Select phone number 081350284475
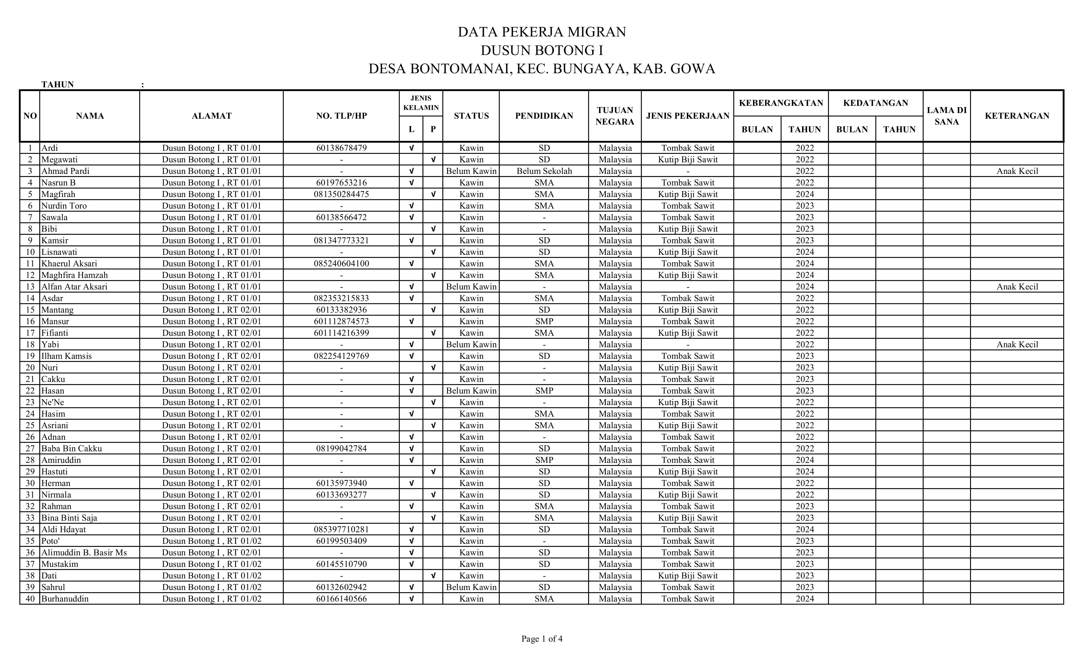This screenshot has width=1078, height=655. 341,194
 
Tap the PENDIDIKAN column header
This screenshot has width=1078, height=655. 544,116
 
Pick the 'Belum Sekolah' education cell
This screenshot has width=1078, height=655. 544,171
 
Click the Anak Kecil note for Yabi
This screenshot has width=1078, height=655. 1017,344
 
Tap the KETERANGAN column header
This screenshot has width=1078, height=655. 1017,116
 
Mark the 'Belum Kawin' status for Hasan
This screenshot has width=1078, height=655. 471,390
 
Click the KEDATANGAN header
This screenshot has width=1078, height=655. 875,103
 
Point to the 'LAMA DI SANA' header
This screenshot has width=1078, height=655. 946,116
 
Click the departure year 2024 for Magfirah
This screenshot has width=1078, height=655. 805,194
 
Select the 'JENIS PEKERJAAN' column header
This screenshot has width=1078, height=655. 687,116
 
